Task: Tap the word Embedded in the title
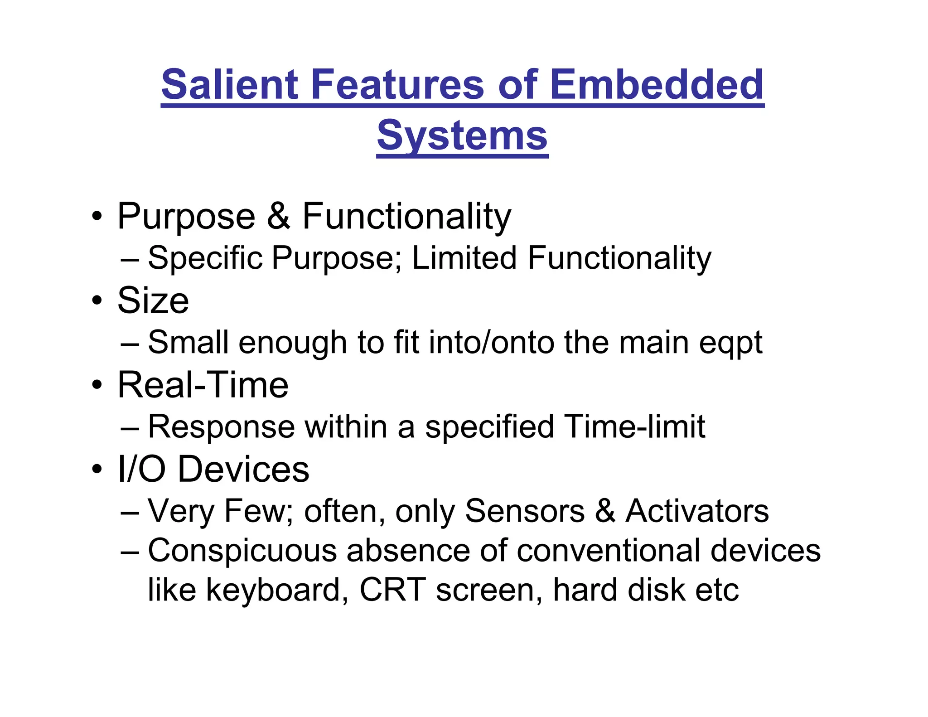[657, 85]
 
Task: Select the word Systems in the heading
[462, 136]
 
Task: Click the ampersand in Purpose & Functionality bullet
[278, 217]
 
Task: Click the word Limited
[464, 257]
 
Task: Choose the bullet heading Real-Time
[203, 385]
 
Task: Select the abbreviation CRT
[392, 590]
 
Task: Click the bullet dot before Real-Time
[97, 386]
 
